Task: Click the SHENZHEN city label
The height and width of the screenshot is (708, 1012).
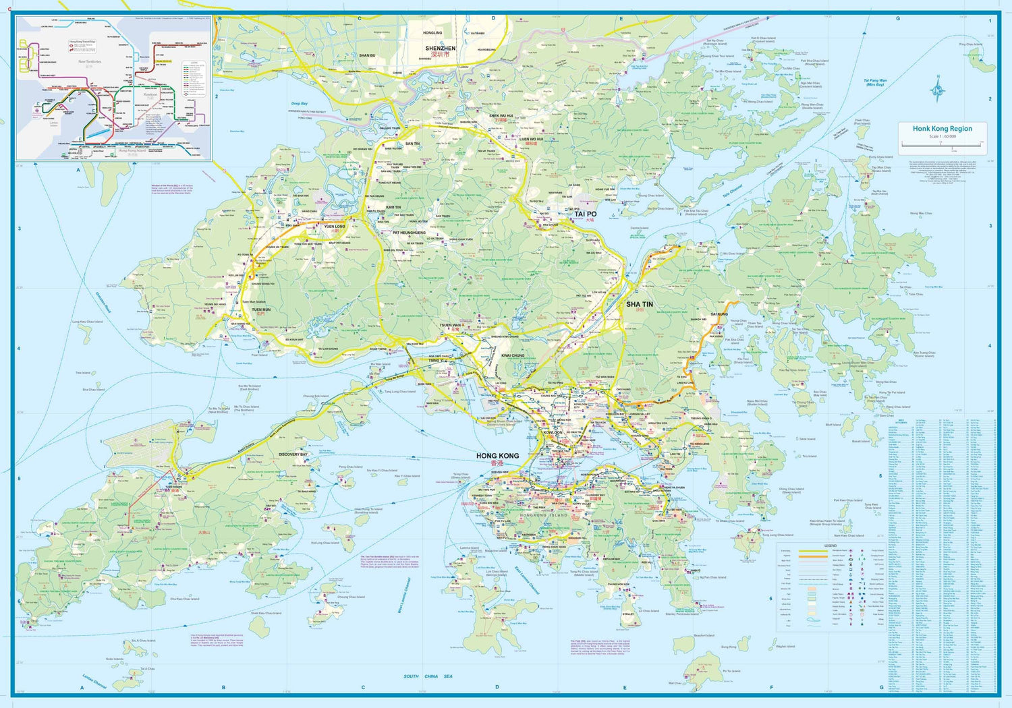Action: coord(440,49)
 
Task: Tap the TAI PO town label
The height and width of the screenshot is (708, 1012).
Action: coord(586,214)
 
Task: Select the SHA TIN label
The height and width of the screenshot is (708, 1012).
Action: coord(639,304)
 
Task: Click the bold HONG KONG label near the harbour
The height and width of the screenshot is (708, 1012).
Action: coord(497,456)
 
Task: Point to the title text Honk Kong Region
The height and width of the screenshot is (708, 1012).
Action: coord(943,128)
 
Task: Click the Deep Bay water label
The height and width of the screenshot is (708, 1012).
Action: coord(300,103)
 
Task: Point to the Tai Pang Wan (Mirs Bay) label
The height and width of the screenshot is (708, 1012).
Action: coord(876,82)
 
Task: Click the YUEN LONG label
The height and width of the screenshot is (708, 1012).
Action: coord(335,227)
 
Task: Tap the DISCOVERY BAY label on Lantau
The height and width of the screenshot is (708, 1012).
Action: coord(293,454)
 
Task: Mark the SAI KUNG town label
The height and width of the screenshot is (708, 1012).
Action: coord(719,314)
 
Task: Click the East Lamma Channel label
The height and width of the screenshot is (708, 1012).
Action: coord(527,580)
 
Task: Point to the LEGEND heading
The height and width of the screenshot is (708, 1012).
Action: coord(830,545)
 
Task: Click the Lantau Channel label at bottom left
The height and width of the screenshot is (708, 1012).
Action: coord(94,681)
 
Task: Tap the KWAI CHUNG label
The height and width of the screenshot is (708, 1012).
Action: coord(513,355)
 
